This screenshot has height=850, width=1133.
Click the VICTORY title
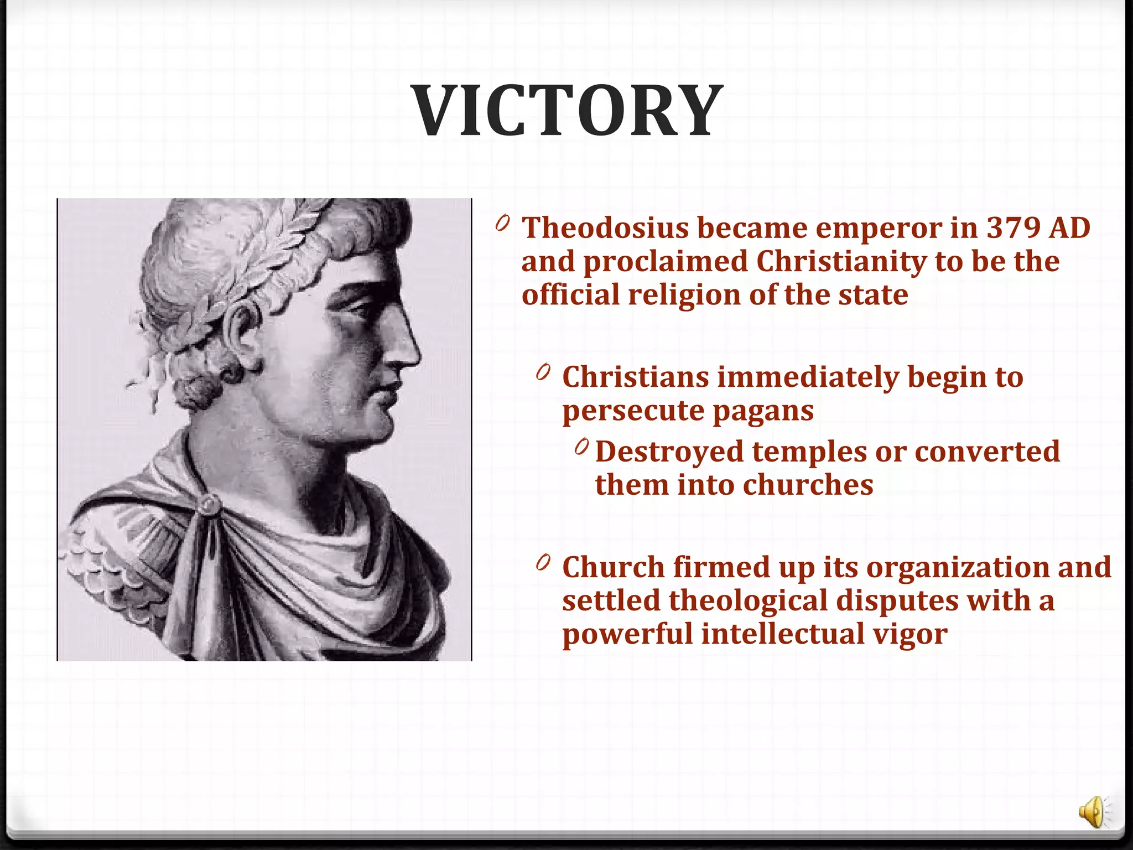[568, 111]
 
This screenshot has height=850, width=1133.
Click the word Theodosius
[605, 228]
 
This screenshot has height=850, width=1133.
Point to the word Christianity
[841, 262]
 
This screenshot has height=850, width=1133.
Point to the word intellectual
[782, 634]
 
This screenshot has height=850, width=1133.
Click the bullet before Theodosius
[502, 224]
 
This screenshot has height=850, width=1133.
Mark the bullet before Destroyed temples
[581, 447]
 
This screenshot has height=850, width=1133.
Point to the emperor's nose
[407, 346]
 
